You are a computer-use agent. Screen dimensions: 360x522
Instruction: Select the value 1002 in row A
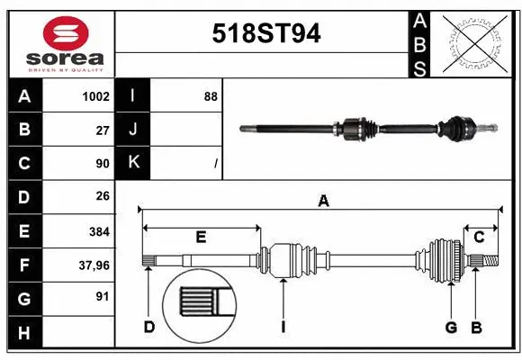click(95, 96)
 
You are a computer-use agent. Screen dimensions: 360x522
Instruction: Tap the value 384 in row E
click(98, 231)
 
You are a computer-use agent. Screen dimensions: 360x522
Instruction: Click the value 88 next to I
click(211, 96)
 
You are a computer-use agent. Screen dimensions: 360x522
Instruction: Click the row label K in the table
click(133, 163)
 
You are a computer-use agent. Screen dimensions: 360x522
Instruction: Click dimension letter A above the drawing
click(323, 202)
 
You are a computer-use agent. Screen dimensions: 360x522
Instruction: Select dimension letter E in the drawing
click(201, 238)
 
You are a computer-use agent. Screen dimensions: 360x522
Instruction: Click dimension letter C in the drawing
click(480, 238)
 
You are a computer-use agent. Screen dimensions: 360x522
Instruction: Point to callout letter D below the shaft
click(149, 327)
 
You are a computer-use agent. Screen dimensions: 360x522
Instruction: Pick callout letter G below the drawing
click(452, 327)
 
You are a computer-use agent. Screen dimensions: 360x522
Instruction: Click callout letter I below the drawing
click(282, 327)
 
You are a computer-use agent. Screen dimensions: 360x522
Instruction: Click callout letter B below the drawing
click(477, 327)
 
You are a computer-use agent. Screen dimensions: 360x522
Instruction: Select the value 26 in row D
click(102, 197)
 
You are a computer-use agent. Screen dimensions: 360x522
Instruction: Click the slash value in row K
click(216, 164)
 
